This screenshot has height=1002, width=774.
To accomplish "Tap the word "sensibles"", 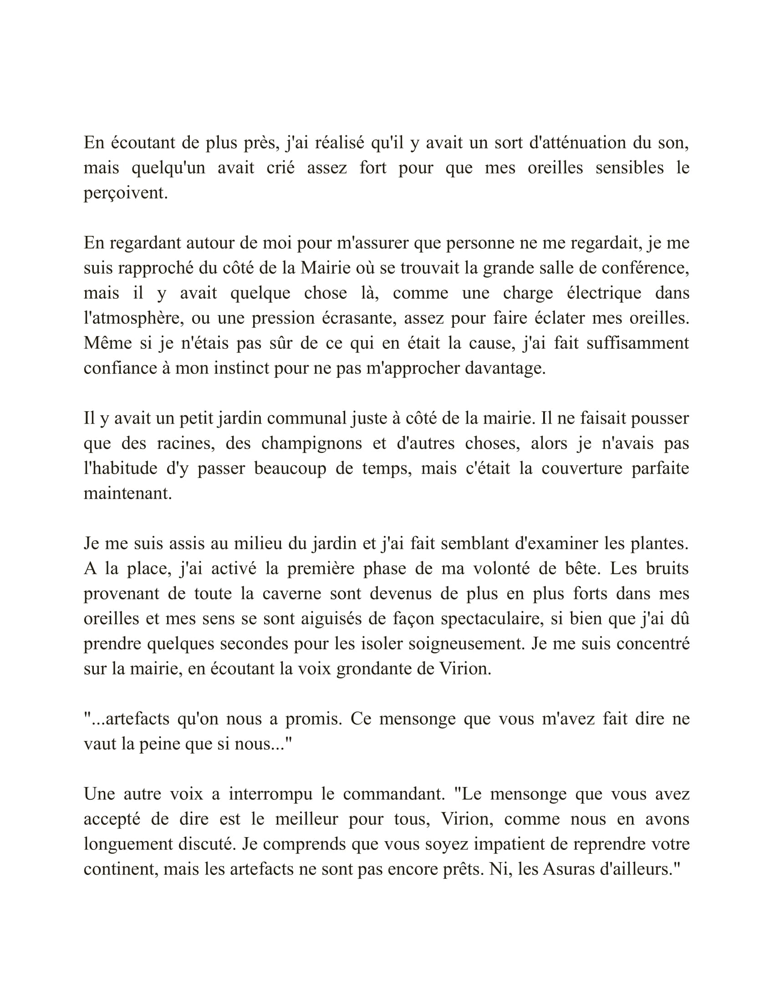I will click(629, 168).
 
